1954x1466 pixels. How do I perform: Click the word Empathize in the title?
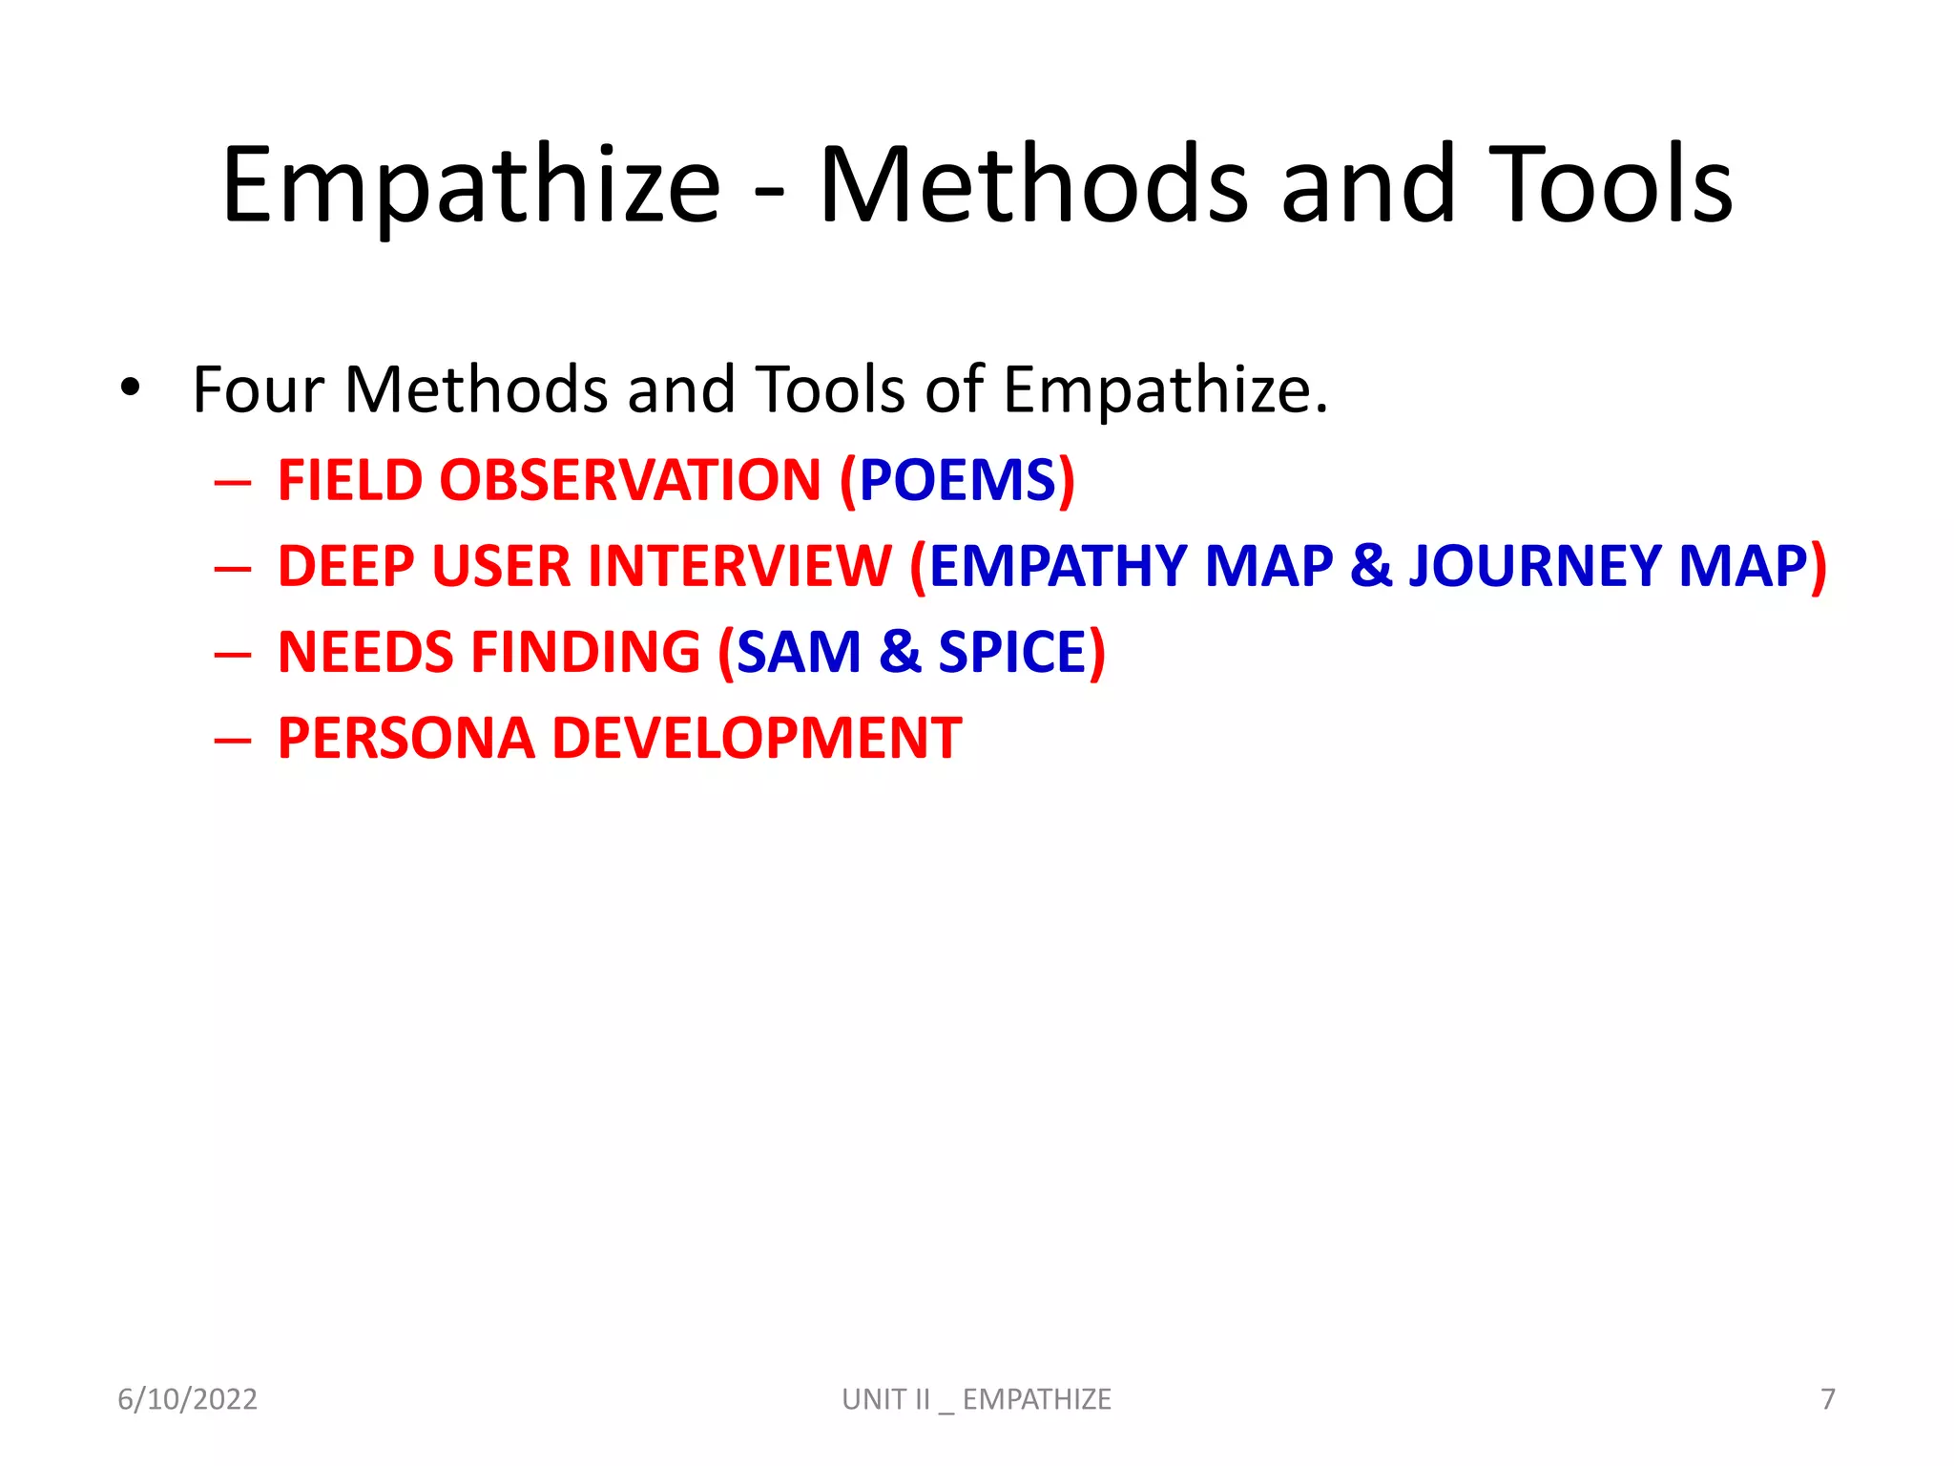click(x=470, y=186)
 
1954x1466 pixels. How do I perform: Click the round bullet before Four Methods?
click(x=131, y=388)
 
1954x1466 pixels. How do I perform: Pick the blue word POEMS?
click(x=957, y=480)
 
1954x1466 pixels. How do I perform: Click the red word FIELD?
click(x=349, y=480)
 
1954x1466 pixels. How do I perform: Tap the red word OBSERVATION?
click(x=630, y=480)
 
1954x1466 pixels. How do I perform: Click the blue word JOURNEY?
click(x=1535, y=566)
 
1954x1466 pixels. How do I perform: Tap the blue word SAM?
click(x=799, y=652)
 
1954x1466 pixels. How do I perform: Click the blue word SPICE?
click(x=1012, y=652)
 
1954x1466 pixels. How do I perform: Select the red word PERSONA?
click(x=406, y=739)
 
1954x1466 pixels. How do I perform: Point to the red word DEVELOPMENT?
click(x=757, y=739)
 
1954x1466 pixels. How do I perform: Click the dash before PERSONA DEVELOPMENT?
click(x=233, y=740)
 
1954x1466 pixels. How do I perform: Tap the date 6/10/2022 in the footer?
click(x=187, y=1399)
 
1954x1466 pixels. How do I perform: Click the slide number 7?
click(x=1827, y=1399)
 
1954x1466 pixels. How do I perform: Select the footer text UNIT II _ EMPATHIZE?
click(x=976, y=1399)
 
